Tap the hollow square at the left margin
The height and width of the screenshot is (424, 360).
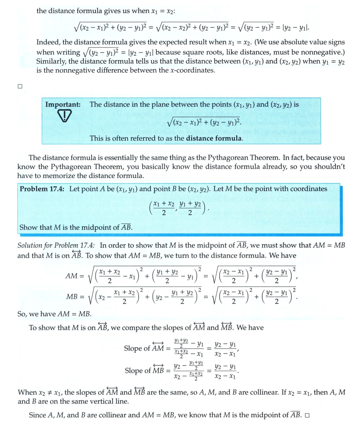pyautogui.click(x=20, y=86)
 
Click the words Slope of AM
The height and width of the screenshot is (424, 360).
pyautogui.click(x=144, y=348)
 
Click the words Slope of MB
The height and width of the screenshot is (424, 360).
pyautogui.click(x=144, y=371)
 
